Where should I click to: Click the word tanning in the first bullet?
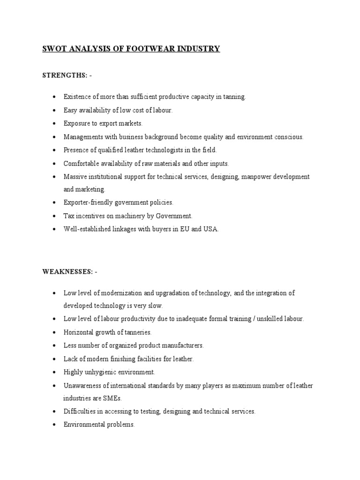(234, 97)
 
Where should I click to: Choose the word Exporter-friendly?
(90, 203)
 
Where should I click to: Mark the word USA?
(210, 230)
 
